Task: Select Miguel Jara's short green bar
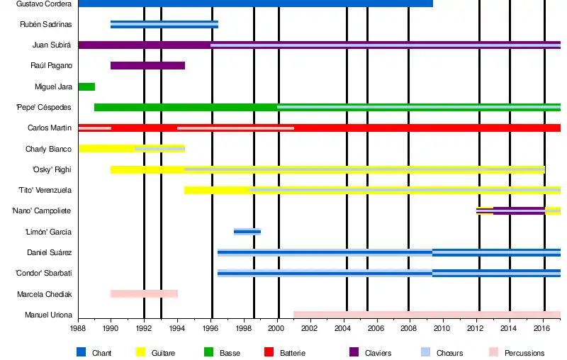tap(86, 86)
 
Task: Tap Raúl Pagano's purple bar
tap(147, 66)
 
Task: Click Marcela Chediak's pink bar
tap(144, 293)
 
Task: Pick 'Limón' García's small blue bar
tap(247, 232)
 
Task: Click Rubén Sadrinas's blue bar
tap(164, 25)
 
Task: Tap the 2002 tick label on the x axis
tap(310, 329)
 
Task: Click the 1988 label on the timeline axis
tap(78, 329)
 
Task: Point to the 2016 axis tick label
tap(542, 329)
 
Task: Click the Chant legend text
tap(101, 353)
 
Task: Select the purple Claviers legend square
tap(354, 352)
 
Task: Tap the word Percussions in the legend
tap(524, 353)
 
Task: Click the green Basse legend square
tap(208, 352)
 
